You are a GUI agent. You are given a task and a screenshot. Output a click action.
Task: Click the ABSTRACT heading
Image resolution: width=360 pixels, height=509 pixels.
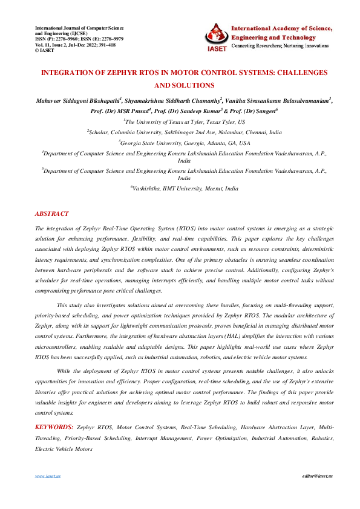[52, 214]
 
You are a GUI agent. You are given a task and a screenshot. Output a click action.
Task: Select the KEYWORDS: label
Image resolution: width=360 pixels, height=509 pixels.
[54, 427]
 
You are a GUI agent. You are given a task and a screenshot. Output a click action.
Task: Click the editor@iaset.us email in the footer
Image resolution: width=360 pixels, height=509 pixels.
[318, 476]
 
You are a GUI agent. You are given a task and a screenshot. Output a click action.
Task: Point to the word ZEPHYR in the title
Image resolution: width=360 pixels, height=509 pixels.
[105, 73]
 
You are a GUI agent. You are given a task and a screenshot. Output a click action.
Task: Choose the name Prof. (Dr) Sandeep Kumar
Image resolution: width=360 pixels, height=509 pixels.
[187, 111]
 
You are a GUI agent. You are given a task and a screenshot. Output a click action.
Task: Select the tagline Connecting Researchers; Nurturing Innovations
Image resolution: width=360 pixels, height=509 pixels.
[283, 45]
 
